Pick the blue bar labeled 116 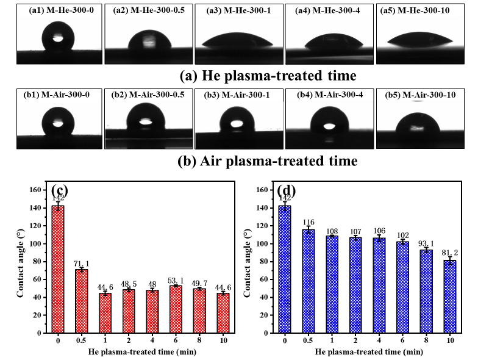tap(310, 281)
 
